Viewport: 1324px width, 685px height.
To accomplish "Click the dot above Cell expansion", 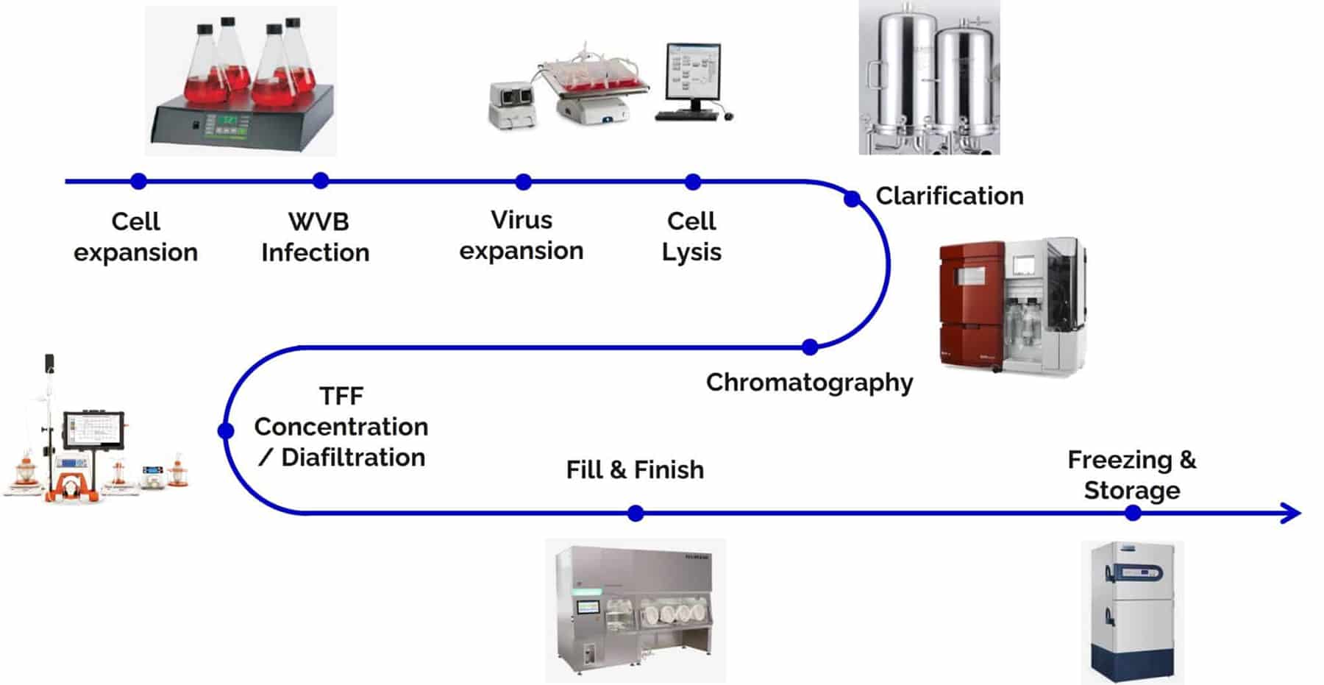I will tap(138, 181).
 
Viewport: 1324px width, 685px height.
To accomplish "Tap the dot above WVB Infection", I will tap(320, 181).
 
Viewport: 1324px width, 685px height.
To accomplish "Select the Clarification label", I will tap(949, 196).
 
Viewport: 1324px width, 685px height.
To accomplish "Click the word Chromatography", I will tap(809, 383).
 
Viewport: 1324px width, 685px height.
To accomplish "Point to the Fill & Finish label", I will tap(635, 469).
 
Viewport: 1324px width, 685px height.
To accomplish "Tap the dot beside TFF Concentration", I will tap(227, 430).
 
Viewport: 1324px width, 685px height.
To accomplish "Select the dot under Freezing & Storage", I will tap(1133, 513).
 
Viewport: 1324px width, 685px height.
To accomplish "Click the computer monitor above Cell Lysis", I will tap(692, 71).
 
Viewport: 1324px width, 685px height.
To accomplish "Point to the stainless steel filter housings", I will tap(929, 77).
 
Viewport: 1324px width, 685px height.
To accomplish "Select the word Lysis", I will tap(691, 252).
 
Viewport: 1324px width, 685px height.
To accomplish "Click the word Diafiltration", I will tap(353, 458).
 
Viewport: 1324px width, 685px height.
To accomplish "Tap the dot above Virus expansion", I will tap(523, 181).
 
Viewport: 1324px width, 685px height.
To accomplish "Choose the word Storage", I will tap(1132, 491).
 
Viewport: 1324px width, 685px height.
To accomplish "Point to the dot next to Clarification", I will tap(852, 199).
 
